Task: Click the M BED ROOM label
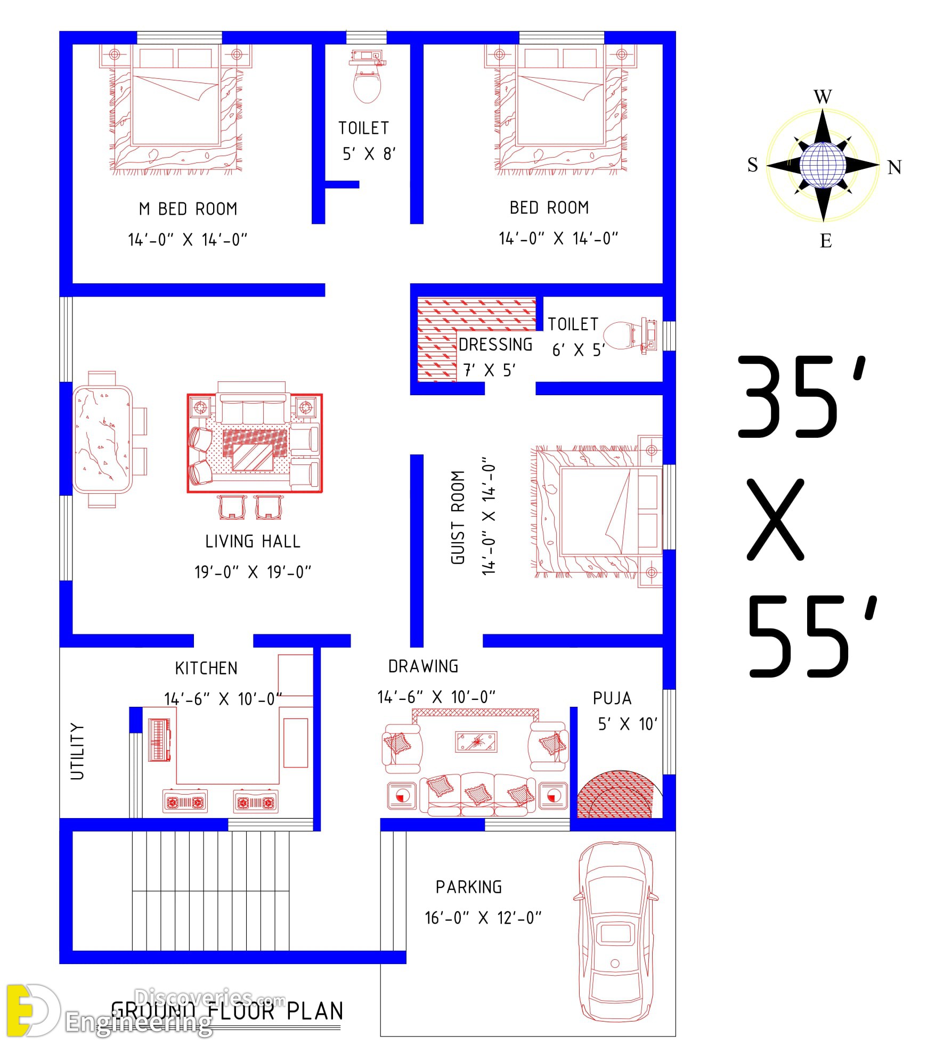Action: coord(188,209)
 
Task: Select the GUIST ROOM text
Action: coord(458,517)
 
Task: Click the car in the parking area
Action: coord(616,932)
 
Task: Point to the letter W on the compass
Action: coord(823,97)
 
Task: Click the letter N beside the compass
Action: coord(895,167)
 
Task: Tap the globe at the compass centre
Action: coord(823,165)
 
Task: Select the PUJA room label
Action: coord(612,698)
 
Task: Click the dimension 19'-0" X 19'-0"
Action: coord(253,572)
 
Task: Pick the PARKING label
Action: coord(469,887)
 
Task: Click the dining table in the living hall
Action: coord(103,439)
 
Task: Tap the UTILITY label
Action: coord(78,752)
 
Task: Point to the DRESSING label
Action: coord(495,345)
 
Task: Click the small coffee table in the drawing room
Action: coord(476,742)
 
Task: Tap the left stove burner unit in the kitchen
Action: coord(185,802)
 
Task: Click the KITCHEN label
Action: coord(206,668)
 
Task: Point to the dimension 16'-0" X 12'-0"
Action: coord(483,918)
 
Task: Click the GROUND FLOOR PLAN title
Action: coord(227,1011)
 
